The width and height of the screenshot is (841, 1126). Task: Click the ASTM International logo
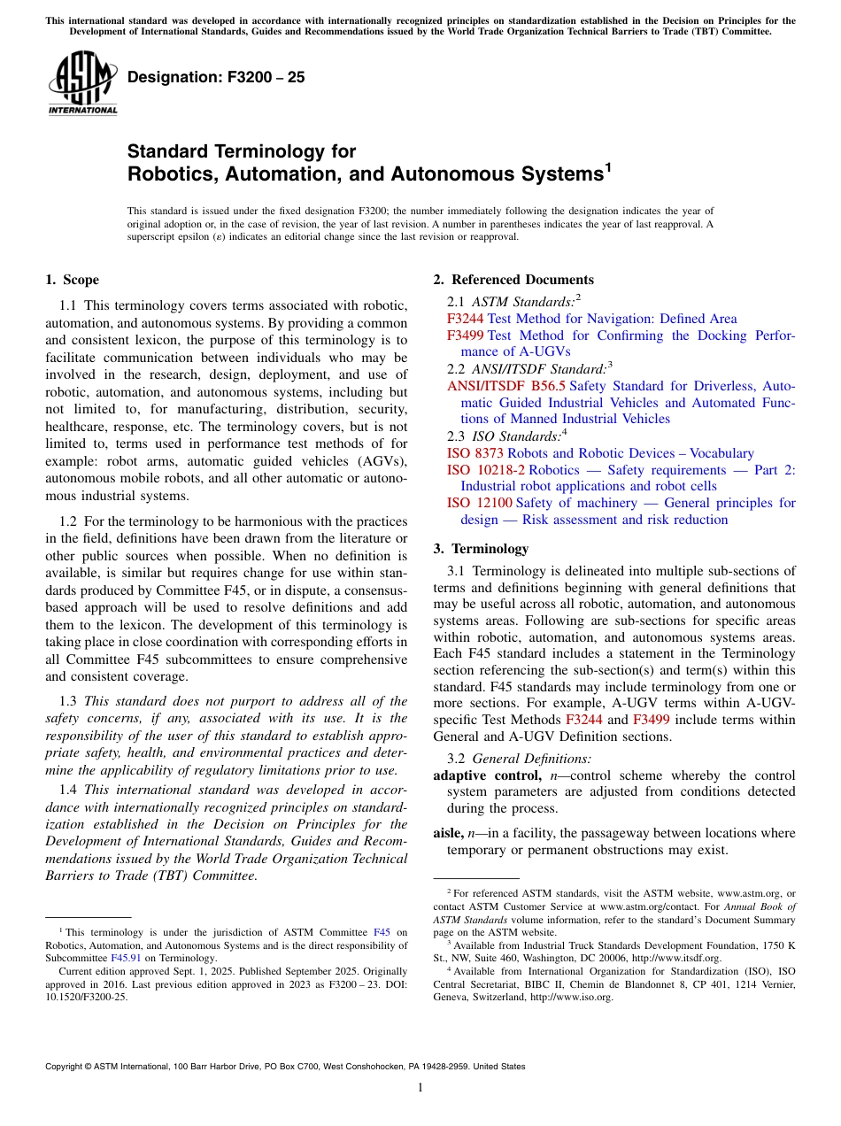tap(83, 84)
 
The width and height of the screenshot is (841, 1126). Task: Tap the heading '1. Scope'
tap(73, 280)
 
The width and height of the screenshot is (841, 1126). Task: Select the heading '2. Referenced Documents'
tap(513, 280)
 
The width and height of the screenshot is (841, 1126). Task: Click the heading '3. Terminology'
tap(481, 548)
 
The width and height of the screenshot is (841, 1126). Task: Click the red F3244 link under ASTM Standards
tap(465, 319)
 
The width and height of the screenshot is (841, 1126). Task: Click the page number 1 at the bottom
tap(420, 1087)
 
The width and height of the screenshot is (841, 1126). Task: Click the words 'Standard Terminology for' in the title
tap(242, 151)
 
